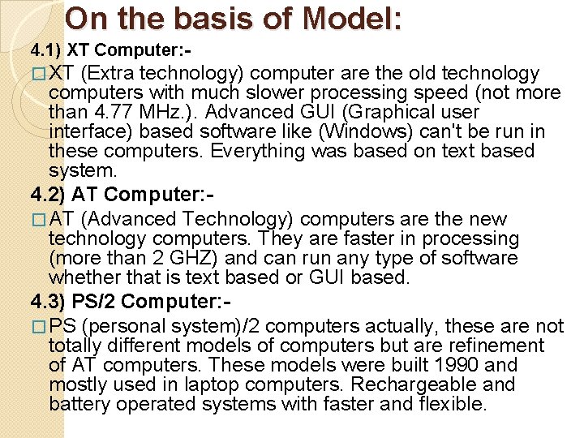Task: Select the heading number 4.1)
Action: coord(46,51)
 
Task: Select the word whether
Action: coord(81,277)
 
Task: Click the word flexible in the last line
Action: coord(451,404)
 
